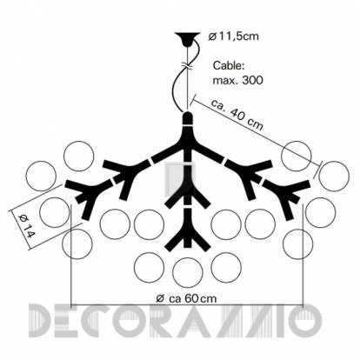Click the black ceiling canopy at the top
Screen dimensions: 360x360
point(188,39)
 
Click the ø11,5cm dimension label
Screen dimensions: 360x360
point(233,37)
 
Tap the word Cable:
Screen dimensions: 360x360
point(229,66)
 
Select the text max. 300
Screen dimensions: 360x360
point(238,80)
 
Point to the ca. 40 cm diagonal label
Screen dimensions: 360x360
point(237,116)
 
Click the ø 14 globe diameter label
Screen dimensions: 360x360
point(25,225)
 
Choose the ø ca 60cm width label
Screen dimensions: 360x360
point(186,298)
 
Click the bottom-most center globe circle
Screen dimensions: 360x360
point(188,272)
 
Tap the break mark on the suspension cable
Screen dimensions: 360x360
point(188,66)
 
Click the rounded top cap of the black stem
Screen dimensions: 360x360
point(188,118)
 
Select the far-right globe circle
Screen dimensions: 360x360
point(334,177)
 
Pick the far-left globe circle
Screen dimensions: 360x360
point(41,177)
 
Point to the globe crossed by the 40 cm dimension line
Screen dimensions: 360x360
point(296,156)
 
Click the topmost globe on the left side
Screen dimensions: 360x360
point(79,156)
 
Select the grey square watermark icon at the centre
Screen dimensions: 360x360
point(180,180)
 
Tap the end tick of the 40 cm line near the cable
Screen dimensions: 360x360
point(194,99)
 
